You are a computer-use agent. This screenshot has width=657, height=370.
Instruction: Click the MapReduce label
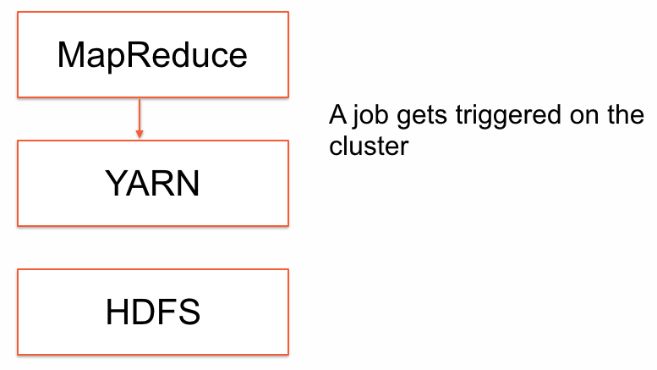(152, 55)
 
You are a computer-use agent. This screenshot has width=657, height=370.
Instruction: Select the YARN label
(152, 184)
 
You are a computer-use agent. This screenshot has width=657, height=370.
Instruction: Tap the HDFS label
(153, 312)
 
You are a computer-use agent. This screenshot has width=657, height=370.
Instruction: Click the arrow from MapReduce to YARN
(140, 119)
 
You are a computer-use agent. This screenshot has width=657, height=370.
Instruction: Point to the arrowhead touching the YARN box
(140, 135)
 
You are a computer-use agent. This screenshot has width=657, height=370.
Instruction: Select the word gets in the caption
(422, 116)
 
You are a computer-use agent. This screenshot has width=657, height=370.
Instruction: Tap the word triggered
(508, 115)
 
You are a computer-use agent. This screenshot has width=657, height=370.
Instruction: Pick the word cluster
(369, 146)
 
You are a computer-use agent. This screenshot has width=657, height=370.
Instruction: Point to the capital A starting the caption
(338, 114)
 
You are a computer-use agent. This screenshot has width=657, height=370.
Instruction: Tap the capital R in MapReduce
(139, 54)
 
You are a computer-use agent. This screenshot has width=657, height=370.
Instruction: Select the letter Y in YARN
(117, 183)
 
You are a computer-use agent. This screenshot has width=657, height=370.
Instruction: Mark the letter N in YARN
(189, 183)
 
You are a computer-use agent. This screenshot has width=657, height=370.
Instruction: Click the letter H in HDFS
(117, 312)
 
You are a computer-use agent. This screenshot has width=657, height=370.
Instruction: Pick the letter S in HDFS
(189, 312)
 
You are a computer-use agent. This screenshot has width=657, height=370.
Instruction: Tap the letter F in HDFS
(167, 312)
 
